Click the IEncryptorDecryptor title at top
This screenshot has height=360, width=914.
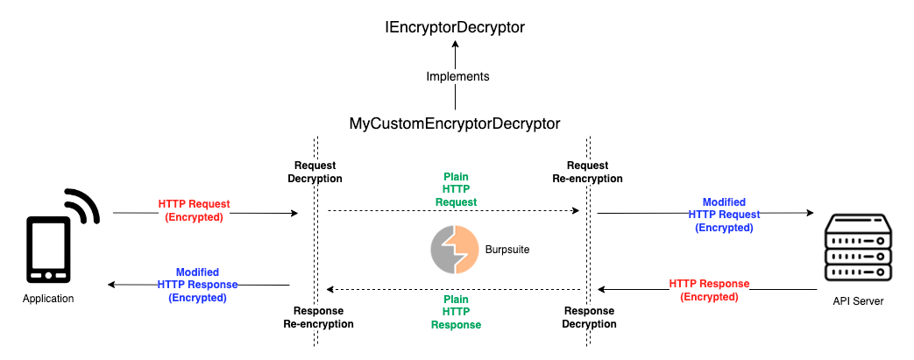[x=455, y=27]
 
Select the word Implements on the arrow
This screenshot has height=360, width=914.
[x=457, y=77]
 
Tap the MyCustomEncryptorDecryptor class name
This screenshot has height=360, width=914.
[x=455, y=124]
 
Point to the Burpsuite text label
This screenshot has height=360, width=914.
[x=507, y=250]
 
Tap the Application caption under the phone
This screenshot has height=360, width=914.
[x=49, y=300]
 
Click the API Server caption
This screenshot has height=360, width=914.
[x=858, y=302]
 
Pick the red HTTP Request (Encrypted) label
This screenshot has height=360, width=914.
[x=194, y=210]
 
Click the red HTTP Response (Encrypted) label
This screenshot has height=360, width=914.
[x=709, y=290]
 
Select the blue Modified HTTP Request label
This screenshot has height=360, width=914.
[x=724, y=215]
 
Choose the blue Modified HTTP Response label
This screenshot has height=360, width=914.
[x=197, y=285]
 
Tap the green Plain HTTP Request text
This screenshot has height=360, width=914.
[x=456, y=189]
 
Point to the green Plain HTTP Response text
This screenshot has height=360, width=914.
[x=456, y=312]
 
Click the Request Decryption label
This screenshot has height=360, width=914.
[x=315, y=172]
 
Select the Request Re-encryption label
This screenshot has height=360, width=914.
[x=587, y=172]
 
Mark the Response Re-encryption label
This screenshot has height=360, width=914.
[x=318, y=317]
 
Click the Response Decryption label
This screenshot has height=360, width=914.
[x=590, y=317]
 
